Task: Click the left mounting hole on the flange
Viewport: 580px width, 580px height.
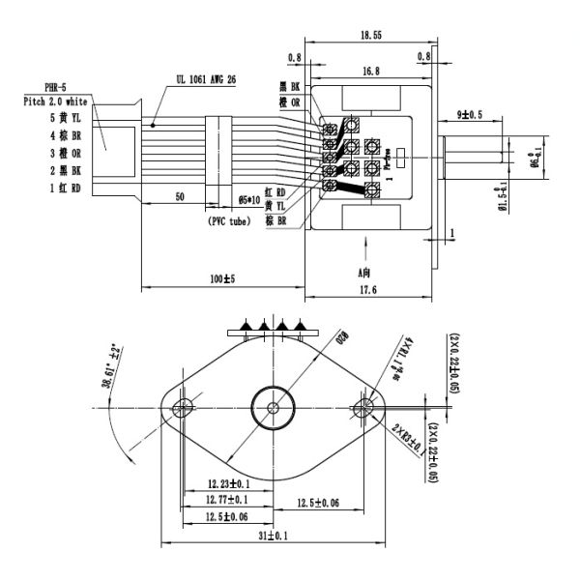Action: (180, 407)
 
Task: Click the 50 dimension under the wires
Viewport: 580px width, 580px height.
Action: (180, 195)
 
